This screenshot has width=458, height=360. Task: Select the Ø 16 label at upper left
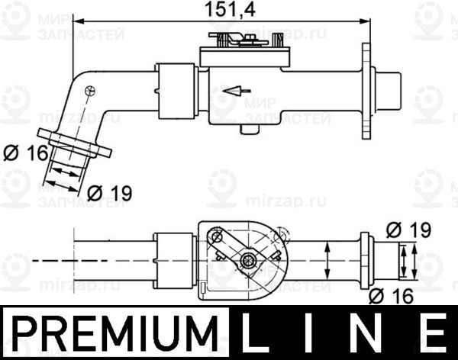pyautogui.click(x=24, y=153)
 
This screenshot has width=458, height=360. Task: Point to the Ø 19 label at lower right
pyautogui.click(x=408, y=229)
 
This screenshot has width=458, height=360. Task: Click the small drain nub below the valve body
pyautogui.click(x=247, y=128)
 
